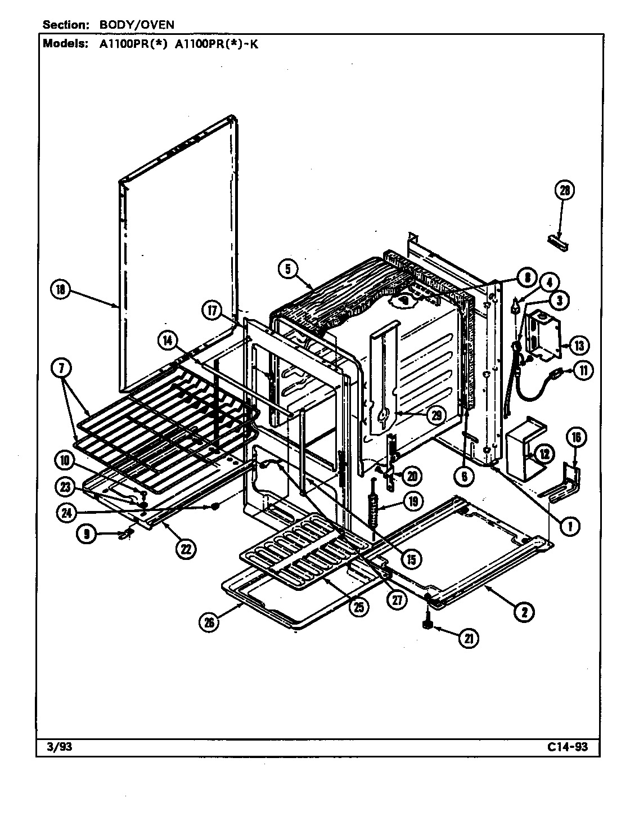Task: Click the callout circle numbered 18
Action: (x=60, y=290)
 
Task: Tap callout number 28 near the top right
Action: (x=564, y=191)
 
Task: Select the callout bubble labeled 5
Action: (x=287, y=268)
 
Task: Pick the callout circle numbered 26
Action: (x=209, y=622)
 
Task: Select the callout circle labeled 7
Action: (x=60, y=369)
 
